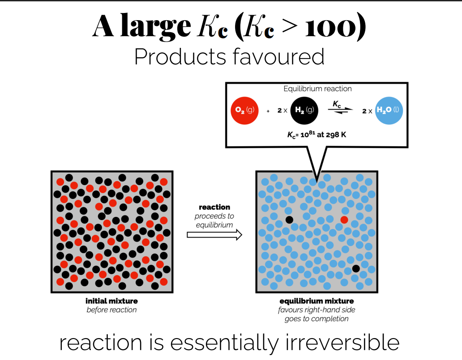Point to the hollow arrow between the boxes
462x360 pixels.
click(214, 234)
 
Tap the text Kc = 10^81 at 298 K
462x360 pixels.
click(317, 135)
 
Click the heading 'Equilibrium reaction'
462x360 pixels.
click(317, 89)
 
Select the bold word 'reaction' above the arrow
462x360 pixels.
click(214, 207)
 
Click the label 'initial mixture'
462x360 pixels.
click(111, 301)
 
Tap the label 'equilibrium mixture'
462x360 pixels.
click(317, 301)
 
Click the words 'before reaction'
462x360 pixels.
click(111, 310)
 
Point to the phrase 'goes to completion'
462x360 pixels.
click(317, 319)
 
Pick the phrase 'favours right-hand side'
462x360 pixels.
click(317, 310)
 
